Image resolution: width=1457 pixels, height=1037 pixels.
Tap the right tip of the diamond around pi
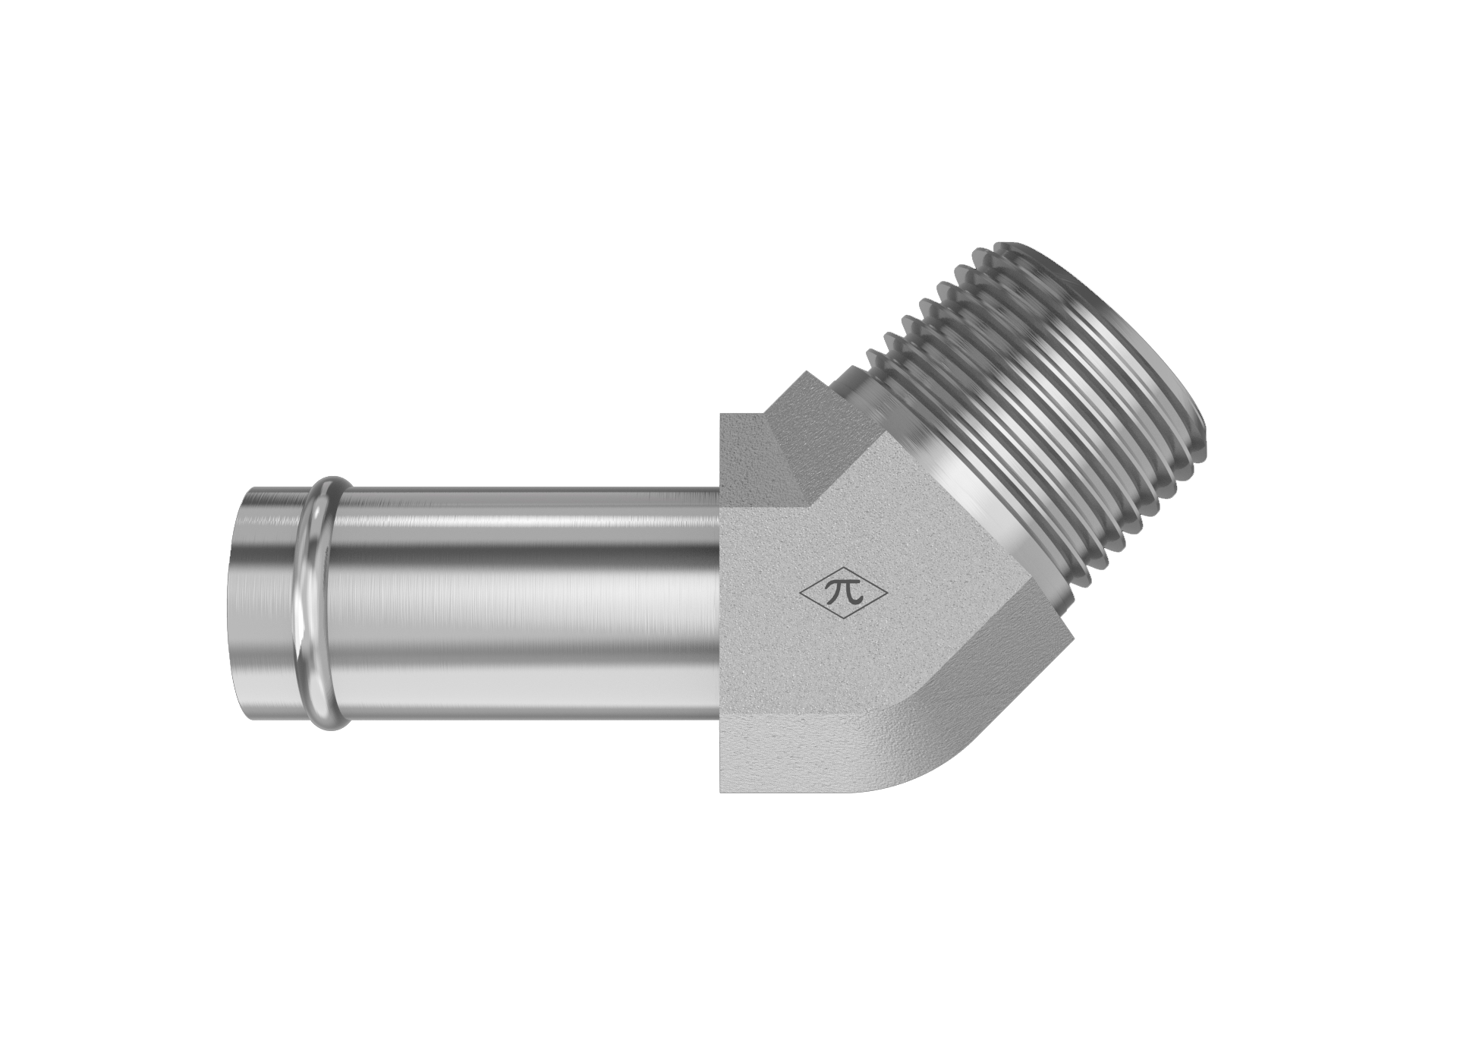tap(889, 595)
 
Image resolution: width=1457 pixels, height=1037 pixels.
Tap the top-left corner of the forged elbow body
tap(721, 414)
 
